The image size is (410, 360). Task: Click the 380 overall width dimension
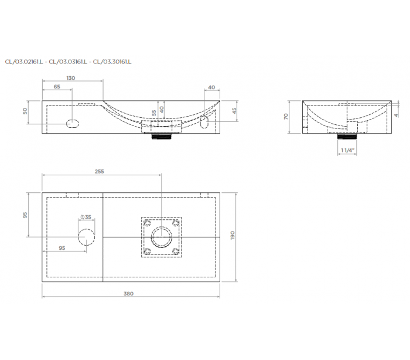click(128, 294)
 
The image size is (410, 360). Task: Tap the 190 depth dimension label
click(233, 235)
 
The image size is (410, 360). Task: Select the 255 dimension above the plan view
click(100, 171)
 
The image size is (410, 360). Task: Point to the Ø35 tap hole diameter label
click(86, 217)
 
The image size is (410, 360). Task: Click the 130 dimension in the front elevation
click(71, 78)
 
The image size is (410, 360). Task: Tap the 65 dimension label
click(57, 86)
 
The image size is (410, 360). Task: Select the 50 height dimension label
click(25, 111)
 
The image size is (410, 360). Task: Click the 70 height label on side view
click(286, 116)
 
